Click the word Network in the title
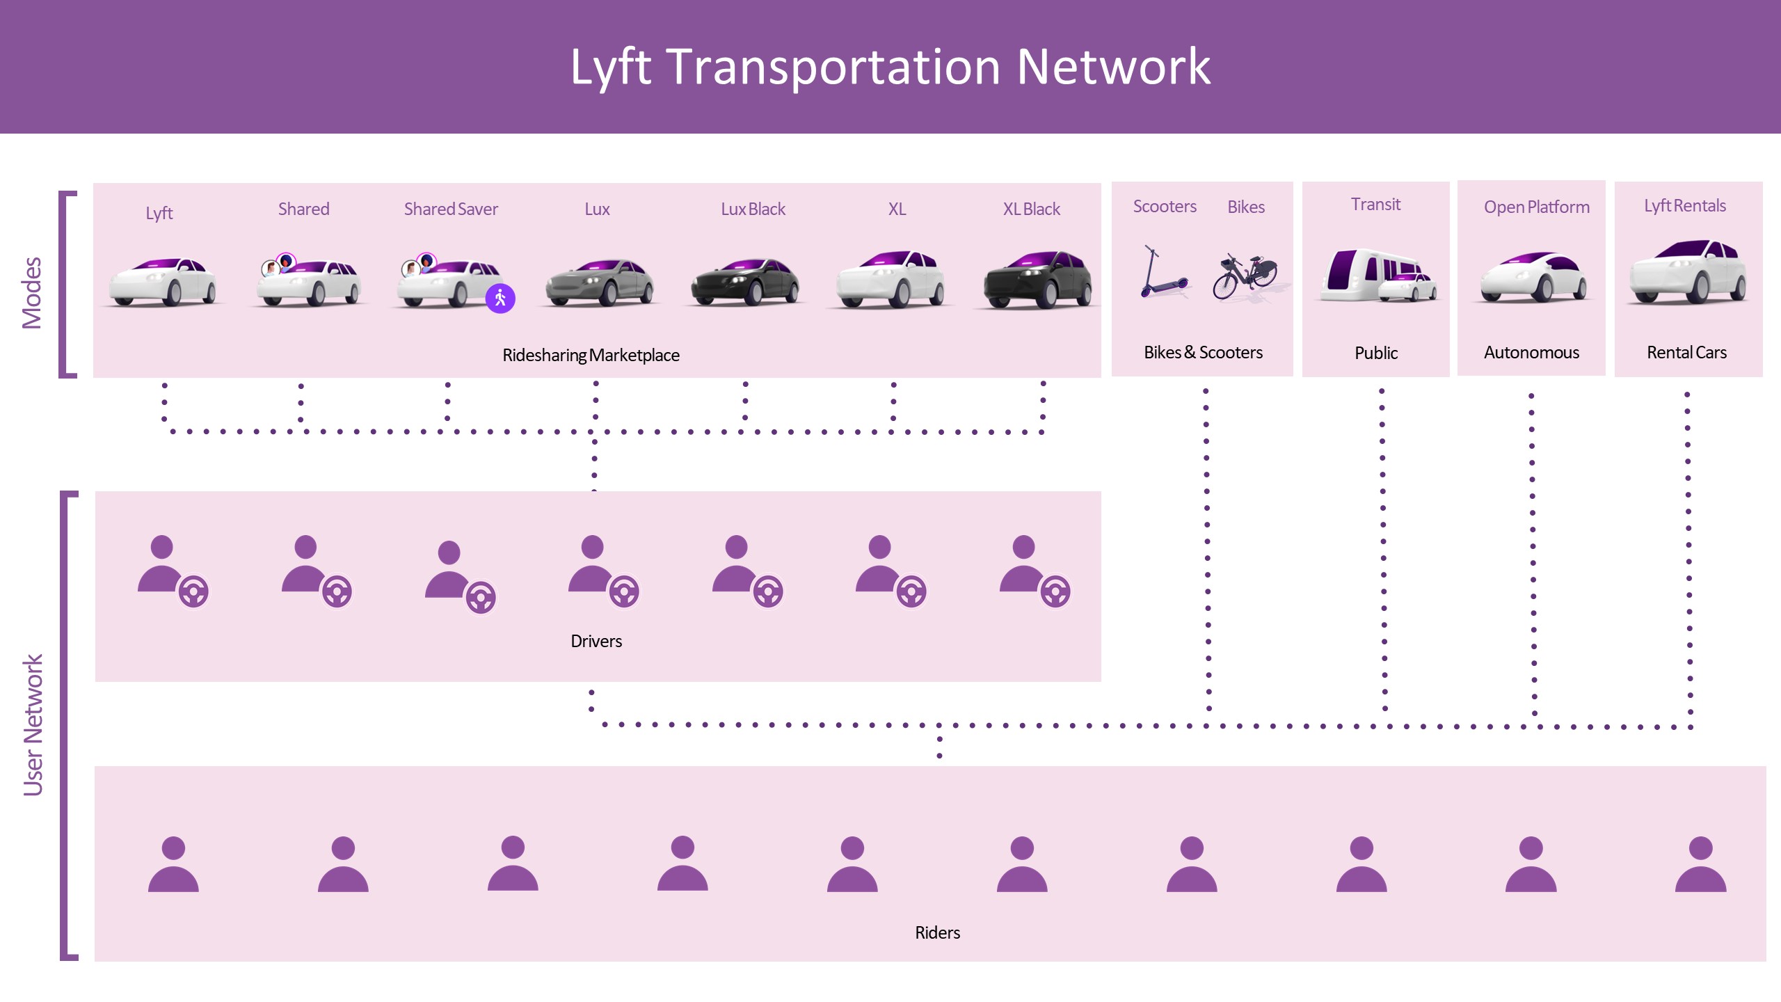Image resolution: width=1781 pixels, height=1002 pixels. click(x=1113, y=67)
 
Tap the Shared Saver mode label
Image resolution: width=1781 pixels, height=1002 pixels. click(x=451, y=209)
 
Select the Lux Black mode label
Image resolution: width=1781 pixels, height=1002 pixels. click(x=753, y=209)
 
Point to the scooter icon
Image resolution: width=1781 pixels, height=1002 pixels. click(x=1163, y=273)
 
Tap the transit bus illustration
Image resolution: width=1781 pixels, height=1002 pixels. click(x=1376, y=276)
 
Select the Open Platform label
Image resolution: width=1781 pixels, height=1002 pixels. click(x=1536, y=207)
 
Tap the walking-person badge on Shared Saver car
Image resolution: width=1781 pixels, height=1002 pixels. click(x=500, y=299)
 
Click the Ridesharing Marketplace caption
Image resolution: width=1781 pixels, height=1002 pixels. click(x=591, y=356)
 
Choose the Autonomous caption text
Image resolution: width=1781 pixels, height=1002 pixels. click(x=1531, y=353)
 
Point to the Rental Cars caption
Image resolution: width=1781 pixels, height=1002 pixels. click(x=1686, y=353)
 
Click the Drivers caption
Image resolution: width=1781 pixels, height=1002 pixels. click(x=596, y=642)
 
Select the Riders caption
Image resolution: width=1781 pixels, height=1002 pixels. click(x=937, y=933)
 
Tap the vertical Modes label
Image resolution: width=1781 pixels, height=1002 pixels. click(x=32, y=293)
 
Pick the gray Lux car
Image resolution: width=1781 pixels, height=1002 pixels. click(x=599, y=283)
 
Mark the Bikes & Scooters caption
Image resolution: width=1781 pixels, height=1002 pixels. click(x=1203, y=353)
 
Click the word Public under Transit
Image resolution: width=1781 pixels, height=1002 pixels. click(x=1375, y=353)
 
